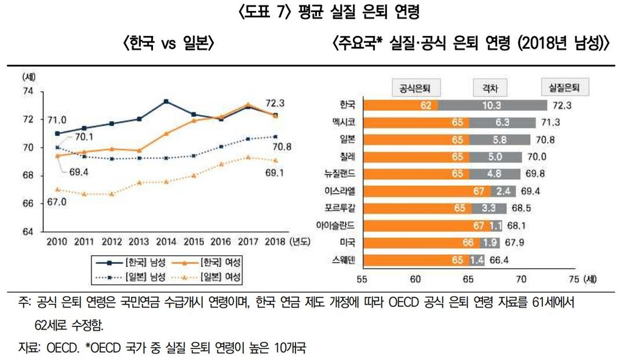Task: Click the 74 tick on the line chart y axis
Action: tap(27, 91)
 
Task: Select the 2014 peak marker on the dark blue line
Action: tap(166, 101)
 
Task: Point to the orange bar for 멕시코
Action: tap(414, 122)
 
